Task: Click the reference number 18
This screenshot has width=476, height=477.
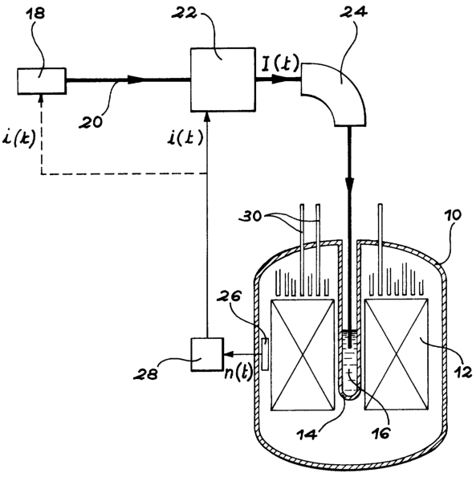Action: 36,14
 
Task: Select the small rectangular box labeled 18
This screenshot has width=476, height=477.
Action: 42,81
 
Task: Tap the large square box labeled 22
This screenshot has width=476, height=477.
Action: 222,79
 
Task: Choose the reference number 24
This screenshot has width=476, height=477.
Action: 353,11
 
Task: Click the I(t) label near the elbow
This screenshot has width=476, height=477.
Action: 280,63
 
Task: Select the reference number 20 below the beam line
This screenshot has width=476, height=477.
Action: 91,122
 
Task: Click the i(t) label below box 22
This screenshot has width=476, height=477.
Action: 185,137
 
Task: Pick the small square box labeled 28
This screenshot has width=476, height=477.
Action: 207,354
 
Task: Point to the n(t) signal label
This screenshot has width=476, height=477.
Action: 238,372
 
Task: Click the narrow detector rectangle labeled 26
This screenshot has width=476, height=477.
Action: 265,354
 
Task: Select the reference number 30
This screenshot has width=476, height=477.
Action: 250,217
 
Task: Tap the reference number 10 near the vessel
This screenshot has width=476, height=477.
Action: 453,215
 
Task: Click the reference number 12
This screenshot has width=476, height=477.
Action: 462,372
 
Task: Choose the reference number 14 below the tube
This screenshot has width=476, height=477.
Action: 307,433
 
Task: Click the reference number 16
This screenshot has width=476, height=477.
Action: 380,432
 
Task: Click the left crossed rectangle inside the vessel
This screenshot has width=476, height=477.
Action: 303,355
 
